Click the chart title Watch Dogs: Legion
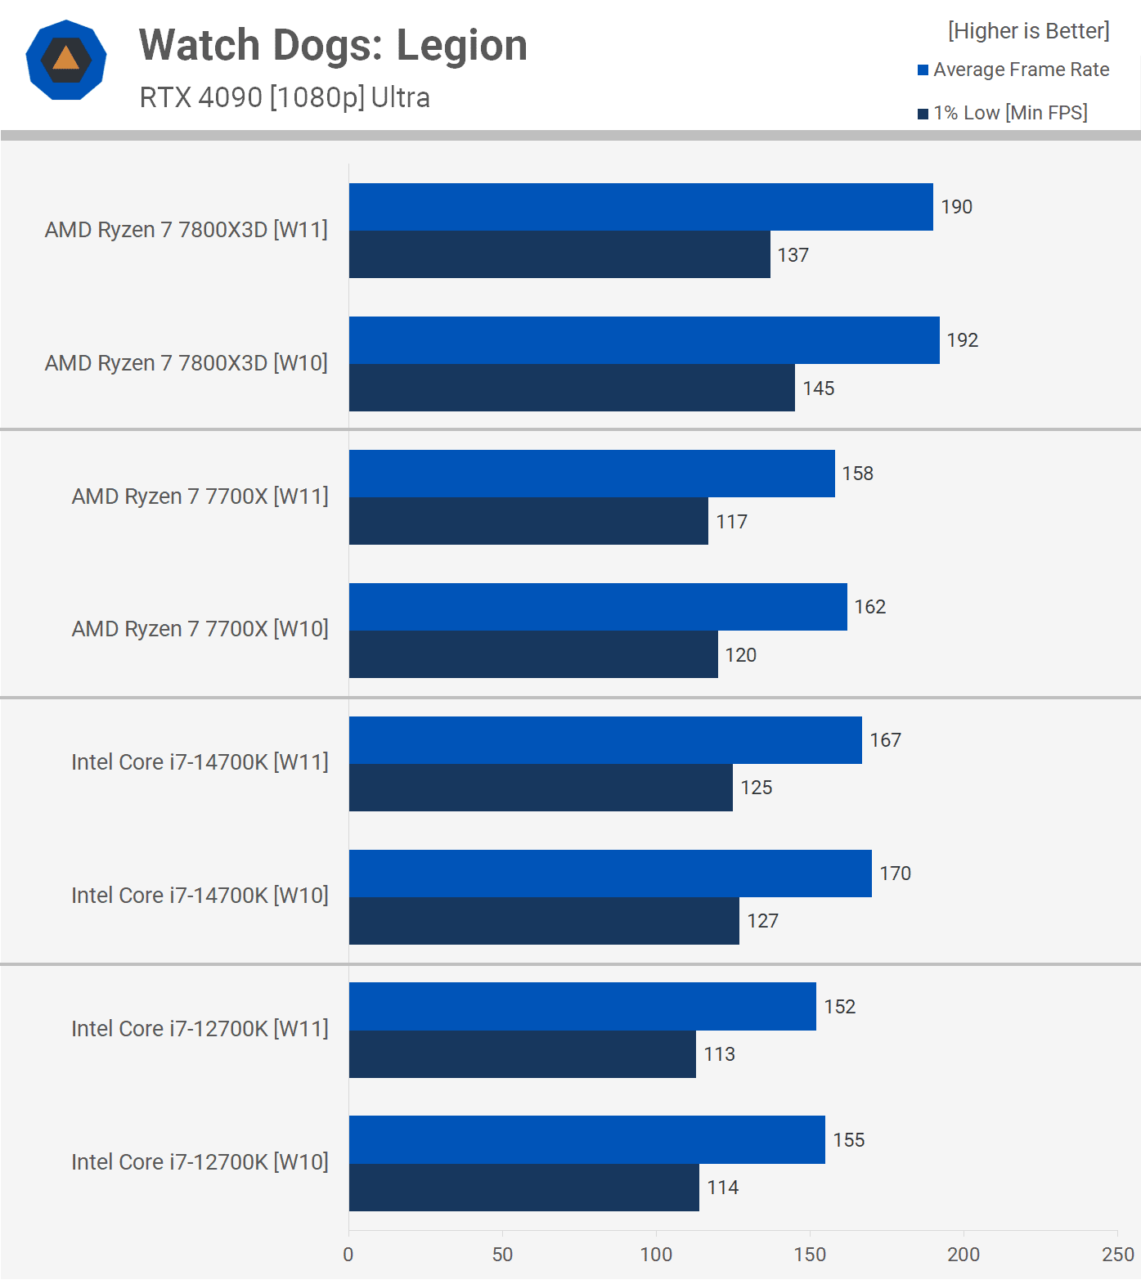tap(333, 46)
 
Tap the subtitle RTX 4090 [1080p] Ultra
tap(285, 97)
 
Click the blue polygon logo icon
tap(66, 60)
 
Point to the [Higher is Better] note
tap(1028, 31)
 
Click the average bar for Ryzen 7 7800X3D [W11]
tap(640, 207)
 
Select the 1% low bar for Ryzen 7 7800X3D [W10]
tap(572, 388)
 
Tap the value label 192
tap(963, 340)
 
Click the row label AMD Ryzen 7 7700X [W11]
tap(200, 496)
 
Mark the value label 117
tap(732, 522)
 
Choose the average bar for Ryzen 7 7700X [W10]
tap(598, 607)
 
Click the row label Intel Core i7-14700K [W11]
tap(200, 762)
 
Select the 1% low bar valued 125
tap(541, 788)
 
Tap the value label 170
tap(896, 874)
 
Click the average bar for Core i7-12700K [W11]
tap(582, 1006)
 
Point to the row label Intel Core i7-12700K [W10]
tap(200, 1162)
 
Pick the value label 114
tap(723, 1188)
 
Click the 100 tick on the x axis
tap(656, 1255)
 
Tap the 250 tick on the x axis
tap(1117, 1255)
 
